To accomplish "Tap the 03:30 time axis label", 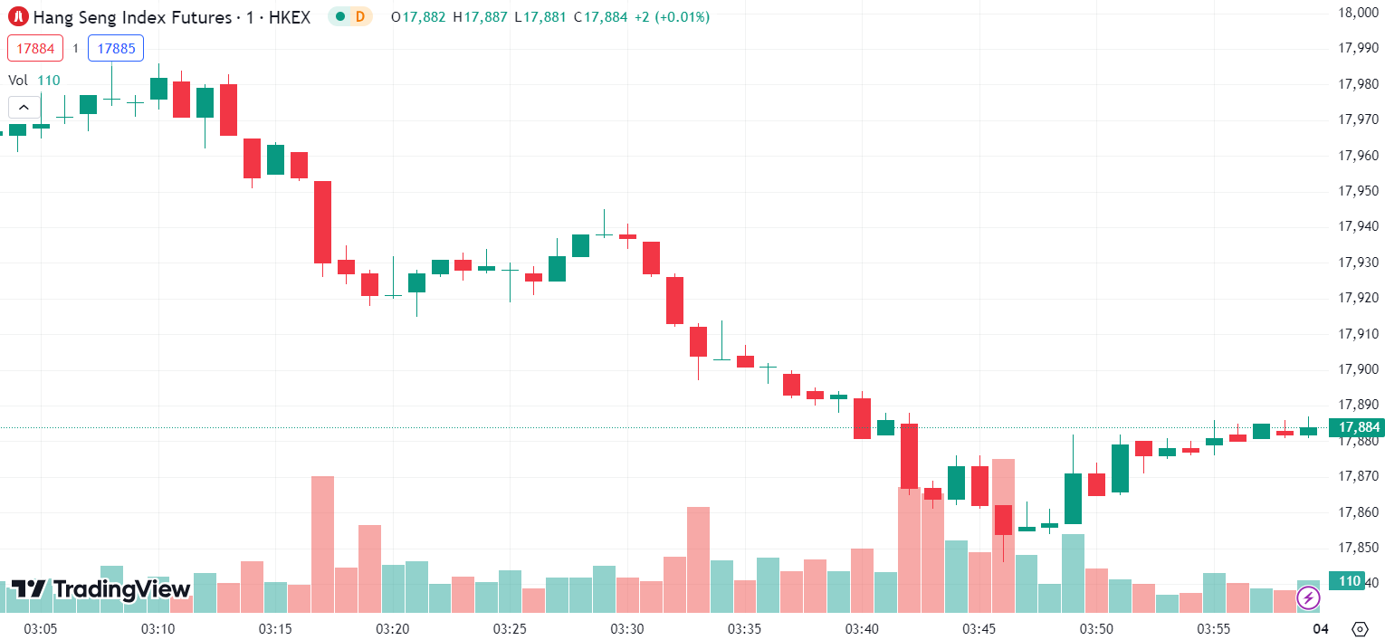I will tap(626, 628).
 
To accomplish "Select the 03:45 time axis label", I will tap(979, 628).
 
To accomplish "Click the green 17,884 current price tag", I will tap(1356, 427).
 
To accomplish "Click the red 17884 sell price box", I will tap(35, 48).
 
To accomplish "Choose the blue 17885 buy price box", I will tap(116, 48).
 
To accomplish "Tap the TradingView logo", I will tap(100, 589).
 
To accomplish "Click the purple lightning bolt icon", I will tap(1308, 597).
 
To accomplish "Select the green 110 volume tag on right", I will tap(1350, 581).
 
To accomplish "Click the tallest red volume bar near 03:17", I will tap(322, 543).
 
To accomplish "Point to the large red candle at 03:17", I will tap(322, 222).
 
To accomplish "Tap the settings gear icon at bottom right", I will tap(1359, 628).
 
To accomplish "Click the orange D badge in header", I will tap(360, 16).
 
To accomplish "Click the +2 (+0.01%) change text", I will tap(672, 17).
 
